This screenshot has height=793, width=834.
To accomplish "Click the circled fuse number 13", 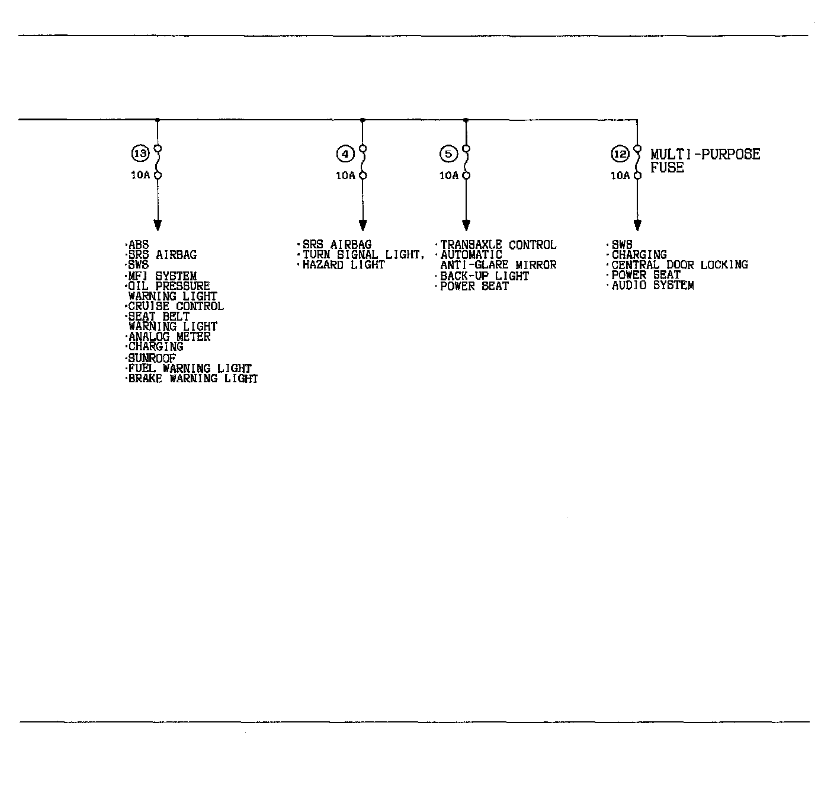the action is point(140,154).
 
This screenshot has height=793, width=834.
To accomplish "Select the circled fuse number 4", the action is point(345,154).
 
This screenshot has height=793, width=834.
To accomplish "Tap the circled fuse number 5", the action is point(448,154).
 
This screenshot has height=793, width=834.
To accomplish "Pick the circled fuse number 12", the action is point(620,154).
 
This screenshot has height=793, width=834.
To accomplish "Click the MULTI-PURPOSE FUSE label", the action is point(705,161).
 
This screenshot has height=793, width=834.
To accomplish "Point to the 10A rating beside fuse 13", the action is point(140,175).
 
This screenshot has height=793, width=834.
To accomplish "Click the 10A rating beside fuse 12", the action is point(620,175).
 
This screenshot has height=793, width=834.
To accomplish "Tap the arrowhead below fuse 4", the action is point(363,225).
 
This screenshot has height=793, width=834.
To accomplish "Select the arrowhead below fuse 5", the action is point(466,225).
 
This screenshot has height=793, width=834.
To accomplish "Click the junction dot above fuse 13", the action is point(158,120).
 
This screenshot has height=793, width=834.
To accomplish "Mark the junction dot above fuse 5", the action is point(466,120).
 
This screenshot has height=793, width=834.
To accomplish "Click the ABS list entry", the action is point(139,245).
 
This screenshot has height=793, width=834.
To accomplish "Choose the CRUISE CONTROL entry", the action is point(176,306).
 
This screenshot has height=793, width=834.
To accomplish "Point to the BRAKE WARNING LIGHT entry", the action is point(193,379).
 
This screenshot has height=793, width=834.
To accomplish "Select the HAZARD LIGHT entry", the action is point(344,266).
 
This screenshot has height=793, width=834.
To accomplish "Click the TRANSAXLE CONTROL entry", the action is point(498,245).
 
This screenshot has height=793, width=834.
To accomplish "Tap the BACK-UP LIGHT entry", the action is point(485,276).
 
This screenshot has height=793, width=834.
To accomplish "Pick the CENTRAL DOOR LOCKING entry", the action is point(679,265).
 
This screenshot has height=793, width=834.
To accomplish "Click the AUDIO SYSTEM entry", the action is point(653,286).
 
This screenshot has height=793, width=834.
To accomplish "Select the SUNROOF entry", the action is point(152,359).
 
